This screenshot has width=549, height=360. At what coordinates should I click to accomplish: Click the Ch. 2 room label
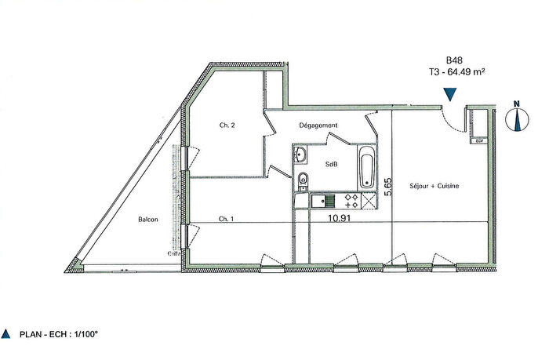point(227,125)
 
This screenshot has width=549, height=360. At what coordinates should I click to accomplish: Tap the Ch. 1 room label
point(227,219)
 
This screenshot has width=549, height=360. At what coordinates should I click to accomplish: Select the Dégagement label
point(318,125)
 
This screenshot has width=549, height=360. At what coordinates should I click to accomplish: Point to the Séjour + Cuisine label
point(434,186)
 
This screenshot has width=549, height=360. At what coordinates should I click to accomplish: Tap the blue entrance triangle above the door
point(449,94)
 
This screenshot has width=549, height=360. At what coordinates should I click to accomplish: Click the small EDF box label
point(479,140)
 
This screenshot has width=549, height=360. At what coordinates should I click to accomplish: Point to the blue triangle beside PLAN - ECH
point(6,333)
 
